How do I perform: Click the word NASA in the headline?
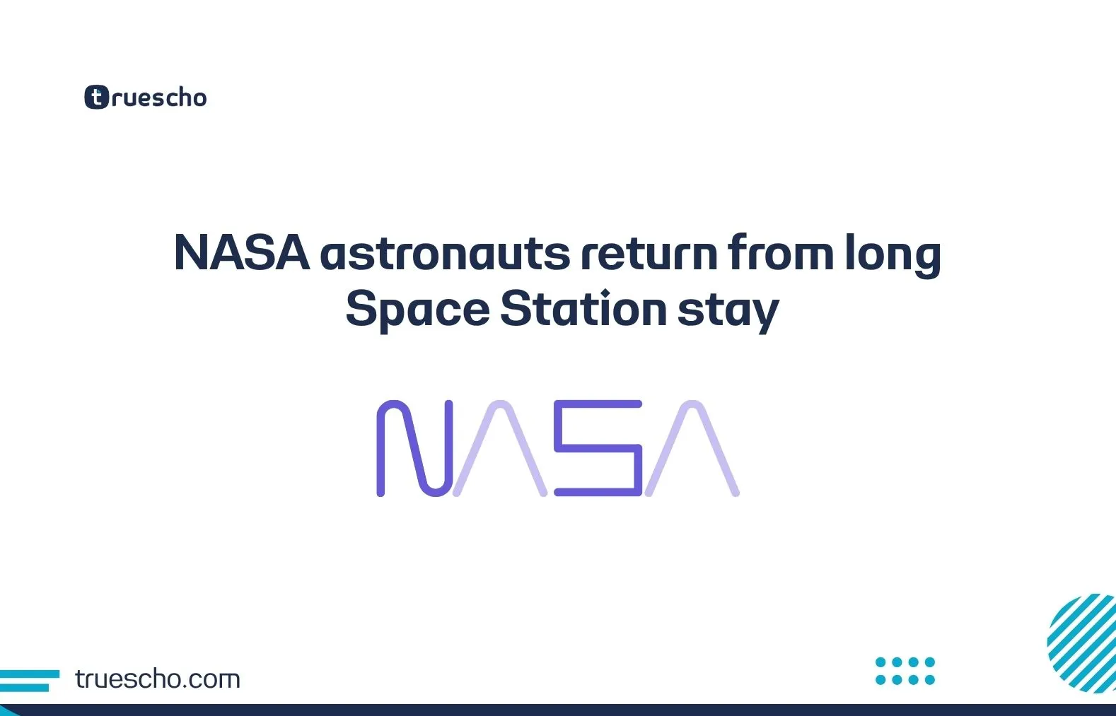pyautogui.click(x=241, y=253)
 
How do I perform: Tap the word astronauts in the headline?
pyautogui.click(x=445, y=254)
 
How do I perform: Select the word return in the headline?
pyautogui.click(x=649, y=254)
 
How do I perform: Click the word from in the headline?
pyautogui.click(x=781, y=253)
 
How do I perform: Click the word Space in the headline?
pyautogui.click(x=417, y=310)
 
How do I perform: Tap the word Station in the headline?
pyautogui.click(x=583, y=310)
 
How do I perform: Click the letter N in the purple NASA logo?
pyautogui.click(x=414, y=448)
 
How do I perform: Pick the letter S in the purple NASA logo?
pyautogui.click(x=598, y=448)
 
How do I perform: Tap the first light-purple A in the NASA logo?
pyautogui.click(x=501, y=448)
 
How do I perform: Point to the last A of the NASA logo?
pyautogui.click(x=692, y=448)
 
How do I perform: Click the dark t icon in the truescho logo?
pyautogui.click(x=97, y=98)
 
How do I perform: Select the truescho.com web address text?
pyautogui.click(x=158, y=679)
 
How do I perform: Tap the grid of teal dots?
pyautogui.click(x=905, y=671)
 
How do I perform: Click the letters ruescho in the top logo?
pyautogui.click(x=159, y=98)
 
